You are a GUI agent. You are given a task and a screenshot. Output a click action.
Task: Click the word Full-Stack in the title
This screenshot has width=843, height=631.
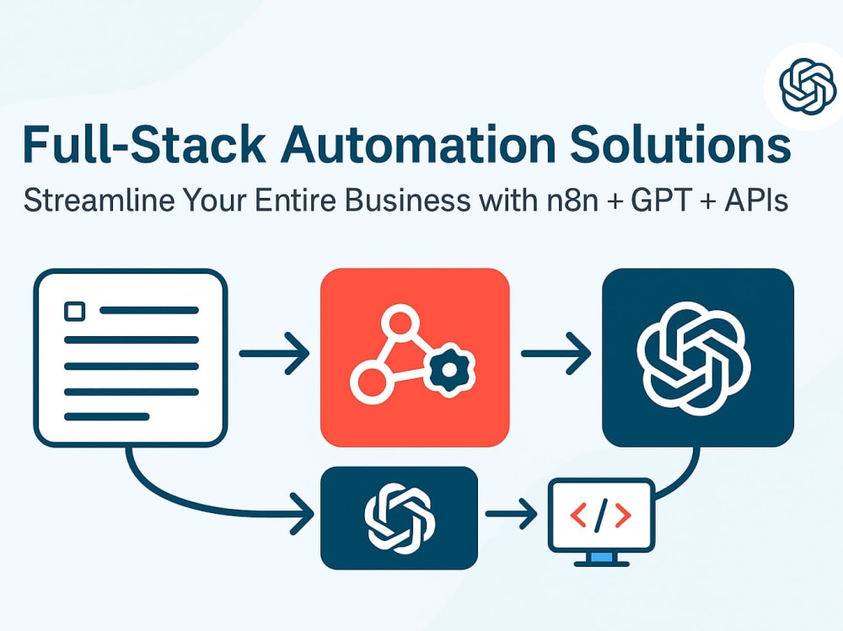(143, 144)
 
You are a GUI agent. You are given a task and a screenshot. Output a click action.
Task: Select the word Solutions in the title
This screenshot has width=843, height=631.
(680, 144)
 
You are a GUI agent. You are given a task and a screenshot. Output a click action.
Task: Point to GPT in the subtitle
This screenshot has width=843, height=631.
(660, 201)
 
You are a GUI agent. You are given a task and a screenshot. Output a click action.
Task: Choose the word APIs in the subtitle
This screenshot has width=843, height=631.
(755, 201)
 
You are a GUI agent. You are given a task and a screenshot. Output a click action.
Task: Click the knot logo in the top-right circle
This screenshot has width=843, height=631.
(808, 86)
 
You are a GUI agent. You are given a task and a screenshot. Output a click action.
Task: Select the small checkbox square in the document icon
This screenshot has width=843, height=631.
(74, 311)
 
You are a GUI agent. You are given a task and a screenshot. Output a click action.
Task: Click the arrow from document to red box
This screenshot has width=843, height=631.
(274, 353)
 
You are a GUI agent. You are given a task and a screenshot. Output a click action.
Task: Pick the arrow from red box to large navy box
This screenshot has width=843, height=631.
(556, 353)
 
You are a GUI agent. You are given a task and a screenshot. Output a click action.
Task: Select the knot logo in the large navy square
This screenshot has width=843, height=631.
(694, 359)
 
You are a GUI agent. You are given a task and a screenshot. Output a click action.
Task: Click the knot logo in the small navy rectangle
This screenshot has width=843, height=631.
(400, 518)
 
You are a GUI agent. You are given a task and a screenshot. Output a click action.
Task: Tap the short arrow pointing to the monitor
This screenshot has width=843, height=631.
(511, 515)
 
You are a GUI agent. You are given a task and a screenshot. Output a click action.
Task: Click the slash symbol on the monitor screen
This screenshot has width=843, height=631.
(600, 515)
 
